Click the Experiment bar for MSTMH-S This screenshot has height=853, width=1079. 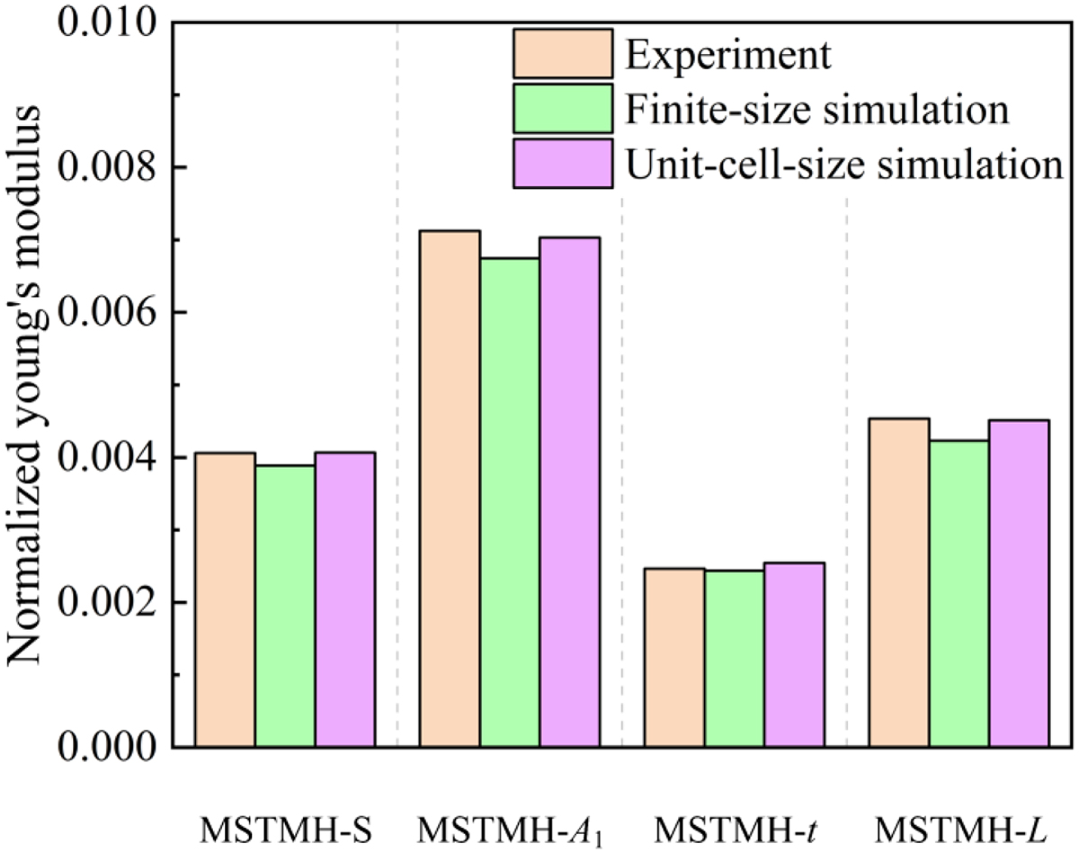(225, 599)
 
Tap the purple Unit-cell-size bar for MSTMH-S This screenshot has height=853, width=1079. (345, 599)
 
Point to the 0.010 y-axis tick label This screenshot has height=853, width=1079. (103, 22)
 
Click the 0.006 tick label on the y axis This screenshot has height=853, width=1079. (103, 312)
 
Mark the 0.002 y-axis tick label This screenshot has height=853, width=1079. (103, 602)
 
